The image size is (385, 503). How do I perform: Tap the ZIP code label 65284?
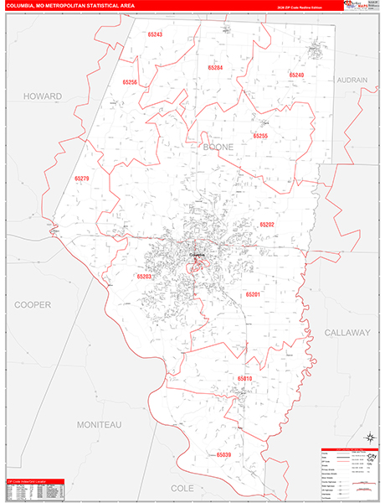pos(215,67)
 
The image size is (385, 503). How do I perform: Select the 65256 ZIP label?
pos(129,82)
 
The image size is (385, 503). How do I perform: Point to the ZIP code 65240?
pos(297,75)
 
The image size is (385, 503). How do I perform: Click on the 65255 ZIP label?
pos(260,135)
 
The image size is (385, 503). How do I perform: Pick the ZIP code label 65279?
pos(81,179)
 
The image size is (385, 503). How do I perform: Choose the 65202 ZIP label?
pos(267,225)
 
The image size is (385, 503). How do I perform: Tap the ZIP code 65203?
pos(144,276)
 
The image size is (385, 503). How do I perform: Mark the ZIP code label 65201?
pos(253,294)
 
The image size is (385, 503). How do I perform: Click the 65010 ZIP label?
pos(244,378)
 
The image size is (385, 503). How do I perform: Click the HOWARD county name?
pos(43,96)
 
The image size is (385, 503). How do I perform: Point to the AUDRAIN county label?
pos(352,80)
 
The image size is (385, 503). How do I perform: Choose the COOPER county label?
pos(32,304)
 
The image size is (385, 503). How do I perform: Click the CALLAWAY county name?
pos(346,332)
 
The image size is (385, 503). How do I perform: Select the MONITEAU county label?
pos(100,425)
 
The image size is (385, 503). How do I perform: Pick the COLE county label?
pos(182,487)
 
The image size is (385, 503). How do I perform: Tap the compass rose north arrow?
pos(369,437)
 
